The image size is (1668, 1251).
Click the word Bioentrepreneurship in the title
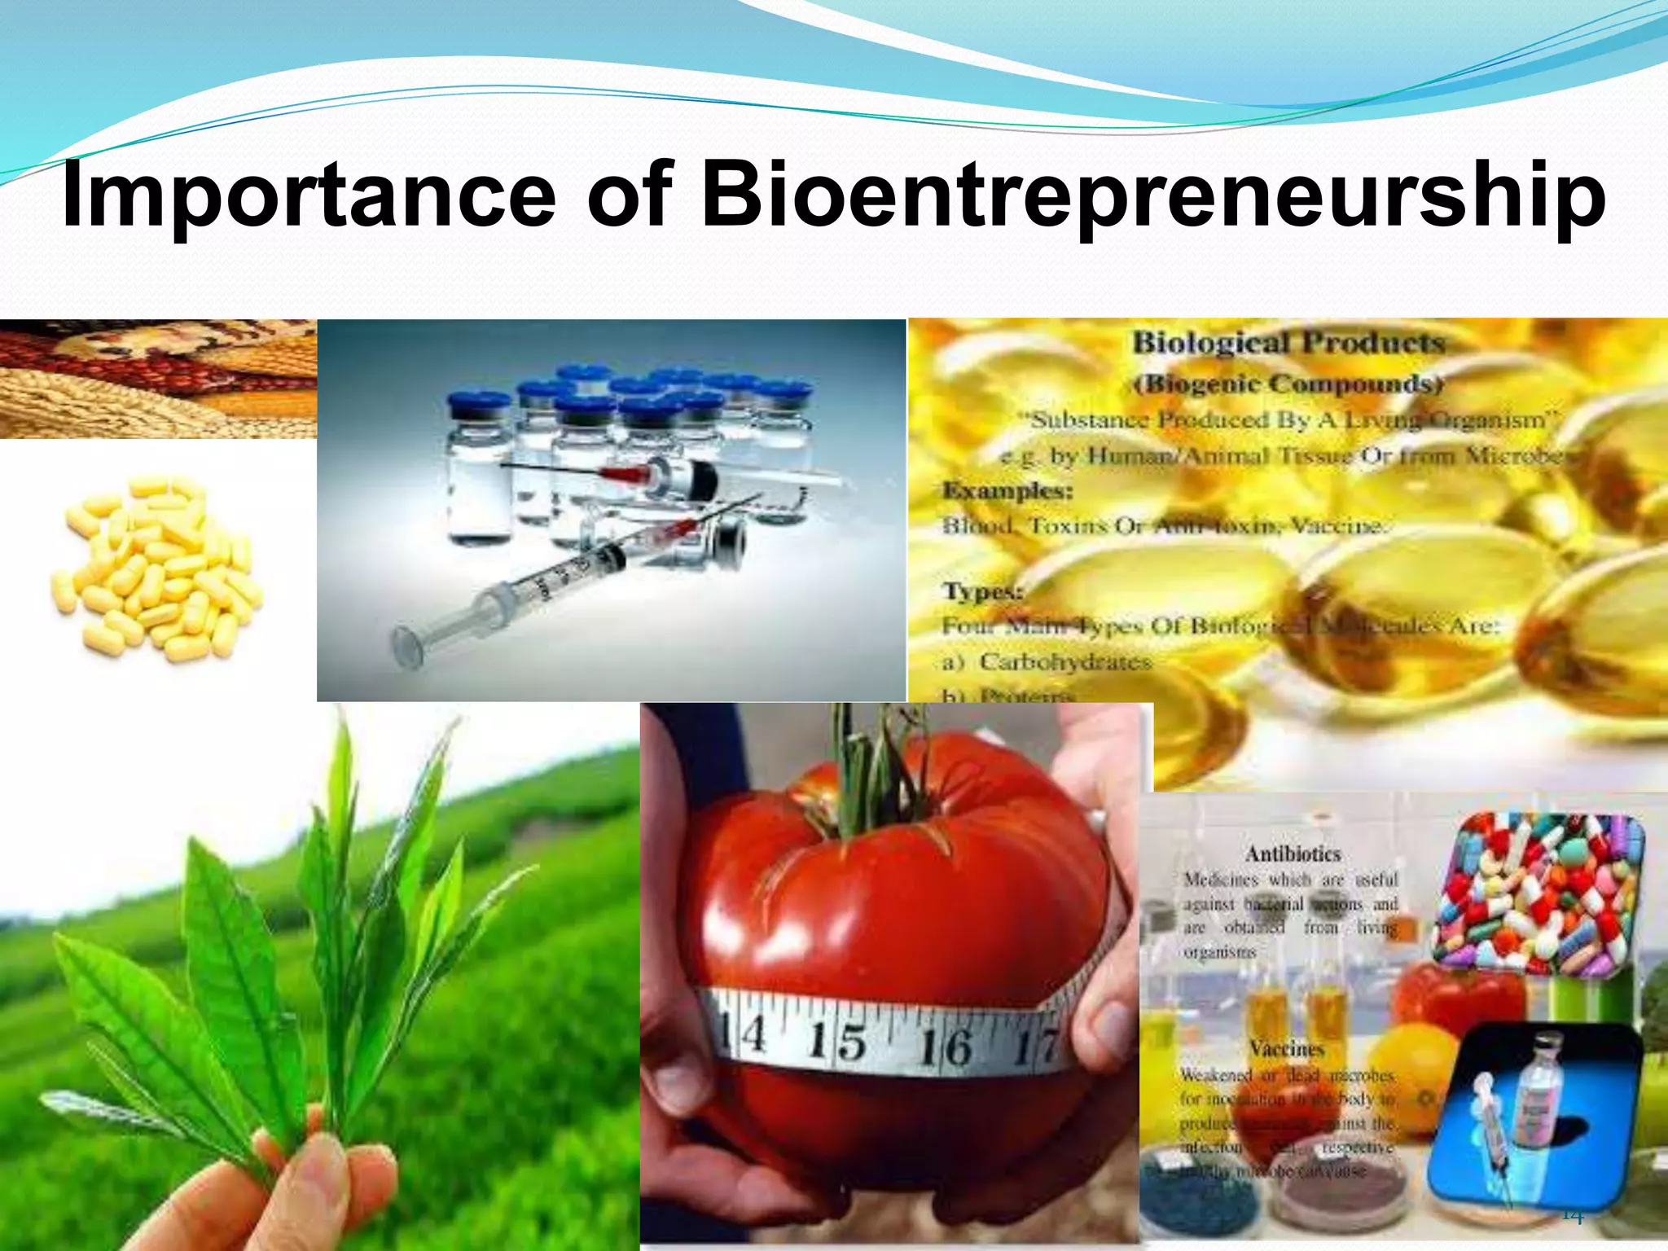pyautogui.click(x=1152, y=195)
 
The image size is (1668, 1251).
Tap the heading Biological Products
pyautogui.click(x=1288, y=343)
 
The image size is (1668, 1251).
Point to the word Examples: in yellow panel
pyautogui.click(x=1007, y=490)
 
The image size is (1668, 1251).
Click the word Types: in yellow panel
pyautogui.click(x=982, y=590)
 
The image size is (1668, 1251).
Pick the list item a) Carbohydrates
pyautogui.click(x=1047, y=661)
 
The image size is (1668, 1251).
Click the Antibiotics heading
pyautogui.click(x=1293, y=854)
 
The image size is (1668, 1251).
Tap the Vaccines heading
pyautogui.click(x=1287, y=1048)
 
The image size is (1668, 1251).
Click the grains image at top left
pyautogui.click(x=159, y=379)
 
